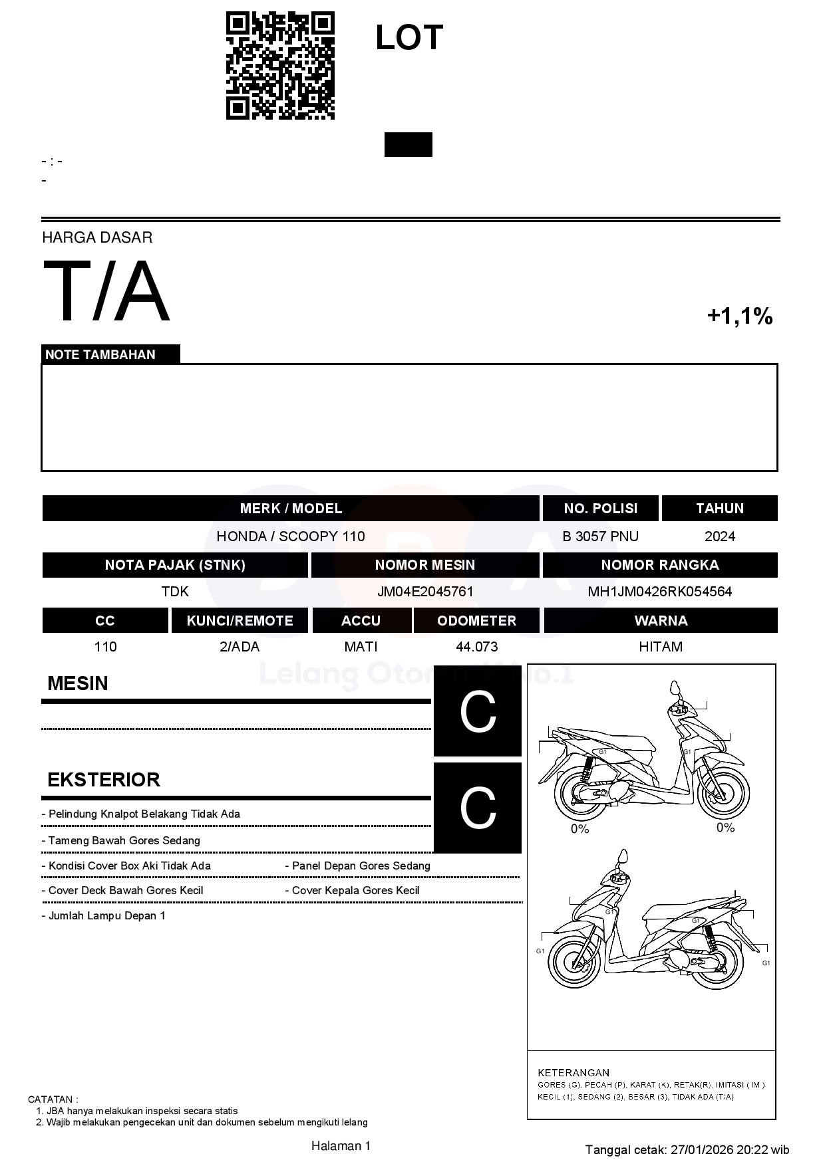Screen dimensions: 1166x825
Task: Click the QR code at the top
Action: click(x=280, y=66)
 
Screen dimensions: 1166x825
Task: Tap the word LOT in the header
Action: click(x=409, y=38)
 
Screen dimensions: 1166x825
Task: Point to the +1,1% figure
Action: click(x=739, y=316)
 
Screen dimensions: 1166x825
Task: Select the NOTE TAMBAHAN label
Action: click(x=100, y=354)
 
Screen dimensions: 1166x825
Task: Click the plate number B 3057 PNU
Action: click(x=600, y=536)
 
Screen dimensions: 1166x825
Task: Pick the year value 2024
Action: click(x=719, y=536)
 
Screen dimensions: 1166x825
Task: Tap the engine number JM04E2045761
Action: click(x=425, y=592)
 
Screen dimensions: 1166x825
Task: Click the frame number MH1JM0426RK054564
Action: click(x=659, y=592)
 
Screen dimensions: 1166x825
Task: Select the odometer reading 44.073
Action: click(x=476, y=647)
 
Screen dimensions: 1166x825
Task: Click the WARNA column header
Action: click(x=661, y=621)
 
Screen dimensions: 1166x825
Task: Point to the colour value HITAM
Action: click(x=661, y=647)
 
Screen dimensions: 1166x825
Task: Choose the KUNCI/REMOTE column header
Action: click(x=240, y=621)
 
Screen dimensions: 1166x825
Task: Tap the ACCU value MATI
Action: click(x=361, y=647)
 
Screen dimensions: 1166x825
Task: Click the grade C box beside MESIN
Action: click(x=478, y=711)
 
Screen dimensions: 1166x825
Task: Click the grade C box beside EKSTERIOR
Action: click(x=478, y=808)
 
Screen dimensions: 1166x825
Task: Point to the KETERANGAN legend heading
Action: click(x=574, y=1072)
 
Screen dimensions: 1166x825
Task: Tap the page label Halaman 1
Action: click(x=341, y=1145)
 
